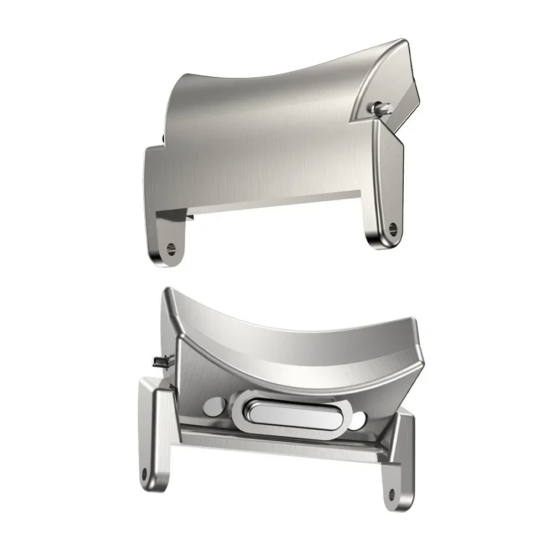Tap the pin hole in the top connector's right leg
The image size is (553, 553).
(393, 226)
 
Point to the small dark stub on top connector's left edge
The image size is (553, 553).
(164, 137)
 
